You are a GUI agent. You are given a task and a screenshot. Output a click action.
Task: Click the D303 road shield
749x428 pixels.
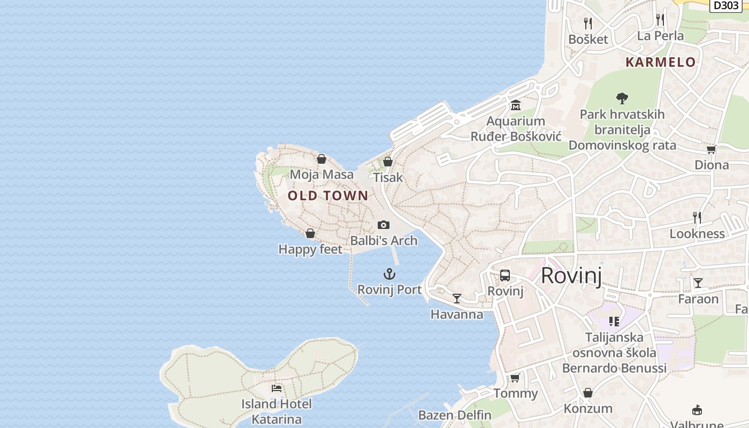click(x=725, y=5)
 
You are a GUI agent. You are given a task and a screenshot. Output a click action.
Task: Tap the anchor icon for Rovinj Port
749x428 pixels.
click(x=389, y=274)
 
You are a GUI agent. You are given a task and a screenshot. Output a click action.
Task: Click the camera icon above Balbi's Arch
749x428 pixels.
click(x=384, y=225)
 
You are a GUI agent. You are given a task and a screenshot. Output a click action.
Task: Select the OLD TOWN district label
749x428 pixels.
click(x=328, y=196)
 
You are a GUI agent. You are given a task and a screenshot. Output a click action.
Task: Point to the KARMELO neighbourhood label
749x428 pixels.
click(x=661, y=62)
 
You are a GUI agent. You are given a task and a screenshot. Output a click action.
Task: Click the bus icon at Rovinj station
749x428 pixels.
click(x=505, y=276)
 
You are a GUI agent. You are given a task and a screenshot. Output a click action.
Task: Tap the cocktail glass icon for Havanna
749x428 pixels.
click(x=457, y=299)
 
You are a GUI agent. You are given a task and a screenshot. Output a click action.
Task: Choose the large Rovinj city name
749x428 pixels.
click(x=571, y=276)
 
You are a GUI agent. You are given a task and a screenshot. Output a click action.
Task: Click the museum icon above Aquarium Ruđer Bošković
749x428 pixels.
click(x=516, y=105)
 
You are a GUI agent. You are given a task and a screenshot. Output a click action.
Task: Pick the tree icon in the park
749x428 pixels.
click(x=622, y=98)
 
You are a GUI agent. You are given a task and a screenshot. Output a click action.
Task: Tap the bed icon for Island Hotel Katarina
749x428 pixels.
click(x=277, y=388)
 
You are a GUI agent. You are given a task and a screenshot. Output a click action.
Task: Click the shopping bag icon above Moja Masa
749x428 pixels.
click(x=322, y=159)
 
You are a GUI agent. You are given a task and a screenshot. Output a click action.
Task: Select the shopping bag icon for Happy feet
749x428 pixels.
click(x=310, y=233)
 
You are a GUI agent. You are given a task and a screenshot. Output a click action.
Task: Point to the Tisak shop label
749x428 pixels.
click(x=388, y=177)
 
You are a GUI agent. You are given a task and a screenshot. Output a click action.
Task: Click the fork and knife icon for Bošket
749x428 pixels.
click(x=588, y=24)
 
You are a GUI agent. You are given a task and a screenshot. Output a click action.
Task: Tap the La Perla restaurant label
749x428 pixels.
click(x=660, y=36)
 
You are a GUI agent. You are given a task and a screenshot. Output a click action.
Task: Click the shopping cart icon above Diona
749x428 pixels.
click(x=711, y=149)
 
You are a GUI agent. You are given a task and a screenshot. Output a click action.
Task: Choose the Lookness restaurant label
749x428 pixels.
click(x=697, y=234)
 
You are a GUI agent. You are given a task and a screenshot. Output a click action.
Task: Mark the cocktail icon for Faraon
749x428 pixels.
click(x=698, y=283)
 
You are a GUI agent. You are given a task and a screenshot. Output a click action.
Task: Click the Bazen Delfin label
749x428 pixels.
click(x=455, y=415)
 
